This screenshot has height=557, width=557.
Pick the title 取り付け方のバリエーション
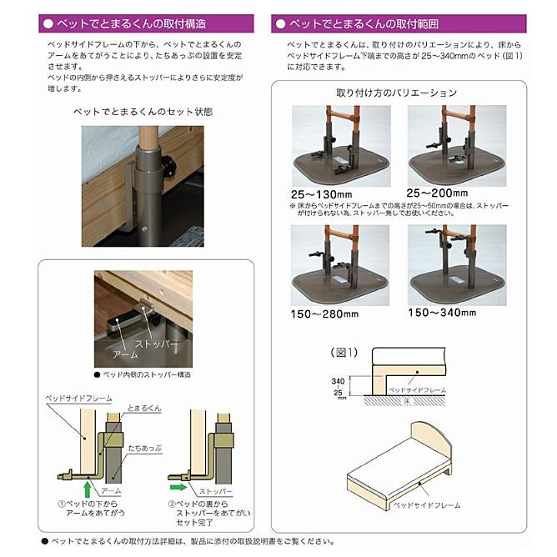(397, 93)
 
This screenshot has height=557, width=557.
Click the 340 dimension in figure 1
(339, 378)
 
